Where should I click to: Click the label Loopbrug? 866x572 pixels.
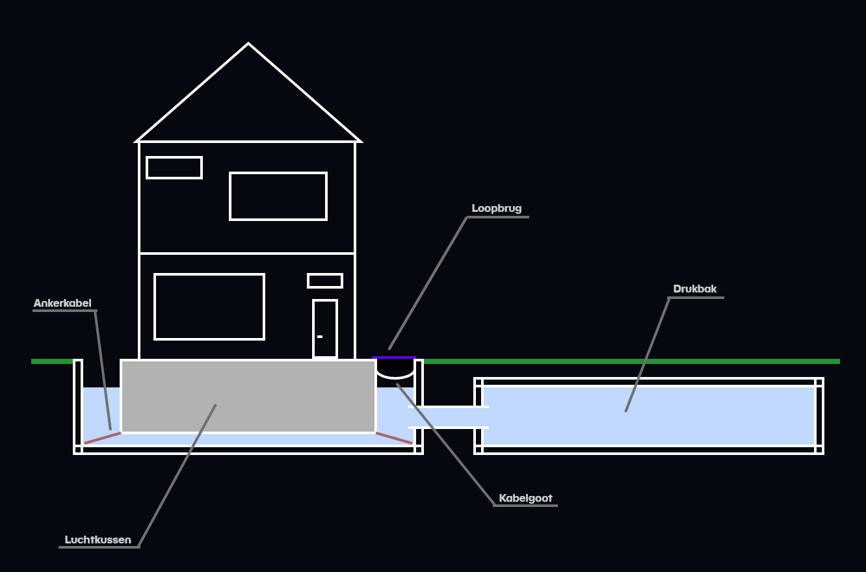[x=497, y=209]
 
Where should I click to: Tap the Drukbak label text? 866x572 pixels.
[x=695, y=289]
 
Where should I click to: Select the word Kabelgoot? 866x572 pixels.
[x=525, y=499]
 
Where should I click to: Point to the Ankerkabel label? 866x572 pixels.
[x=62, y=303]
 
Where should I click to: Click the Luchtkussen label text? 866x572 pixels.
[x=98, y=539]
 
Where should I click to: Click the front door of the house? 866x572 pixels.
[x=325, y=328]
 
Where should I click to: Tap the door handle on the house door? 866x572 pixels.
[x=320, y=337]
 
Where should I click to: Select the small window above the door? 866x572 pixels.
[x=325, y=281]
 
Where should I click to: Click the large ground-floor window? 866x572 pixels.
[x=209, y=307]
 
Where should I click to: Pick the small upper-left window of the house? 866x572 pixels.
[x=174, y=168]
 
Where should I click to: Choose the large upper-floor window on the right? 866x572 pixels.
[x=278, y=196]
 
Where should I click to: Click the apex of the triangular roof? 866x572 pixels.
[x=248, y=45]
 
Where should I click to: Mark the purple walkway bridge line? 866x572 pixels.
[x=394, y=357]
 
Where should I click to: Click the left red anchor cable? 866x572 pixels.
[x=103, y=437]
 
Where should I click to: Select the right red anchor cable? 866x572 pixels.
[x=394, y=437]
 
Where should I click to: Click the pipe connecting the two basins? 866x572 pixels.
[x=449, y=417]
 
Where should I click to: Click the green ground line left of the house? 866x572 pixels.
[x=52, y=361]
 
